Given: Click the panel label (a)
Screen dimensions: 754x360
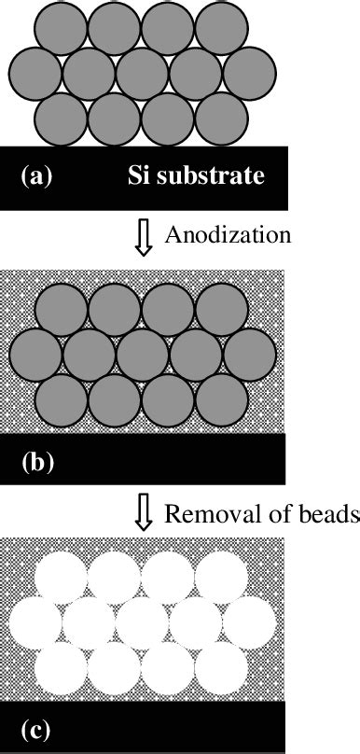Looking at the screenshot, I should click(41, 175).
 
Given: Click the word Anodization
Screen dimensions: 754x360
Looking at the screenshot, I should click(228, 234).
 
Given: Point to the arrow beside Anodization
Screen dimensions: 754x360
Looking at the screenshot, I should click(143, 237).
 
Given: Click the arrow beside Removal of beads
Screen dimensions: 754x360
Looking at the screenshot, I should click(143, 514).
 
